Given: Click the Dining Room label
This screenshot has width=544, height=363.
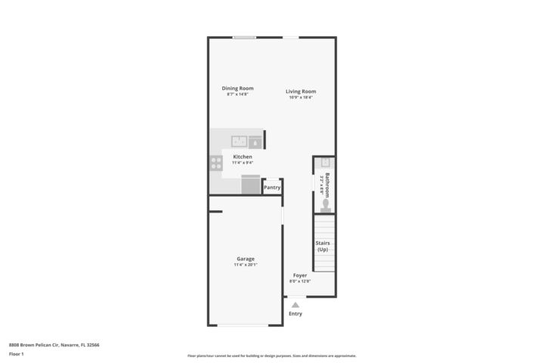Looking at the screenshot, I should [x=237, y=88].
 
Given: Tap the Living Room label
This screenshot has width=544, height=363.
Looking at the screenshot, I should [x=301, y=92].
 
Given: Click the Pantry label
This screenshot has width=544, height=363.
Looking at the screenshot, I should [x=272, y=188].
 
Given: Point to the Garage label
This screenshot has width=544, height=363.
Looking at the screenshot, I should [x=246, y=259].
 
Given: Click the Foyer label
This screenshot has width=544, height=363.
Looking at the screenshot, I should [x=300, y=275].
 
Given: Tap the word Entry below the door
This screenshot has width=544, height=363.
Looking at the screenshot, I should [x=295, y=313].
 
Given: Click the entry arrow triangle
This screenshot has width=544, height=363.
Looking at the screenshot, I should [x=295, y=304].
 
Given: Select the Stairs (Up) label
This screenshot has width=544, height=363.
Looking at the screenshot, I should [x=323, y=246].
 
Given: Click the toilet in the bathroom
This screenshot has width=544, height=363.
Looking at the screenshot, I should [x=326, y=204].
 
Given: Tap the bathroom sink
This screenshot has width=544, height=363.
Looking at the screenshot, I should [x=326, y=162].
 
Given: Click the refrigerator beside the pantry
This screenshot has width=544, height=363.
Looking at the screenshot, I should [x=250, y=185].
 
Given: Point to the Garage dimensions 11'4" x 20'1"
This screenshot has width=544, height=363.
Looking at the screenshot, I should [x=246, y=265].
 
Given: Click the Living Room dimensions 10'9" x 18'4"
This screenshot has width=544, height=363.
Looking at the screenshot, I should [x=301, y=98].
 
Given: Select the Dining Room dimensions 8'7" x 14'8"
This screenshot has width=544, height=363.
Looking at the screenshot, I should [x=237, y=95].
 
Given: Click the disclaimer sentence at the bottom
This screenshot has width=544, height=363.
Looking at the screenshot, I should [x=271, y=355].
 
